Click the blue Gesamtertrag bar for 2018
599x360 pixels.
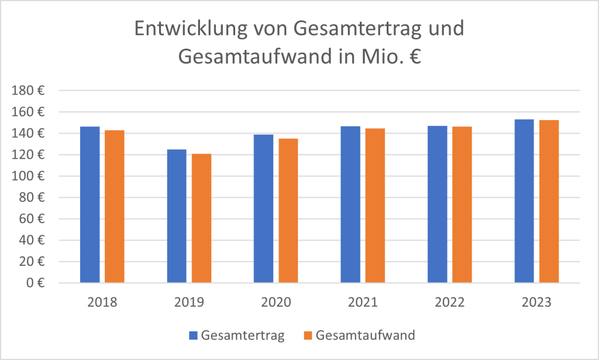tap(89, 205)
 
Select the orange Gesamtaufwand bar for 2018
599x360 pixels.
tap(115, 207)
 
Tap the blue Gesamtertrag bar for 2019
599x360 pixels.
tap(177, 216)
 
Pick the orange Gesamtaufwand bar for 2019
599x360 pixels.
tap(201, 218)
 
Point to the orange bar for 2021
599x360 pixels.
tap(375, 205)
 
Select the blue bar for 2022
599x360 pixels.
tap(437, 204)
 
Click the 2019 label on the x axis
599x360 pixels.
tap(189, 303)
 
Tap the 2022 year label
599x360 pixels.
tap(449, 303)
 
